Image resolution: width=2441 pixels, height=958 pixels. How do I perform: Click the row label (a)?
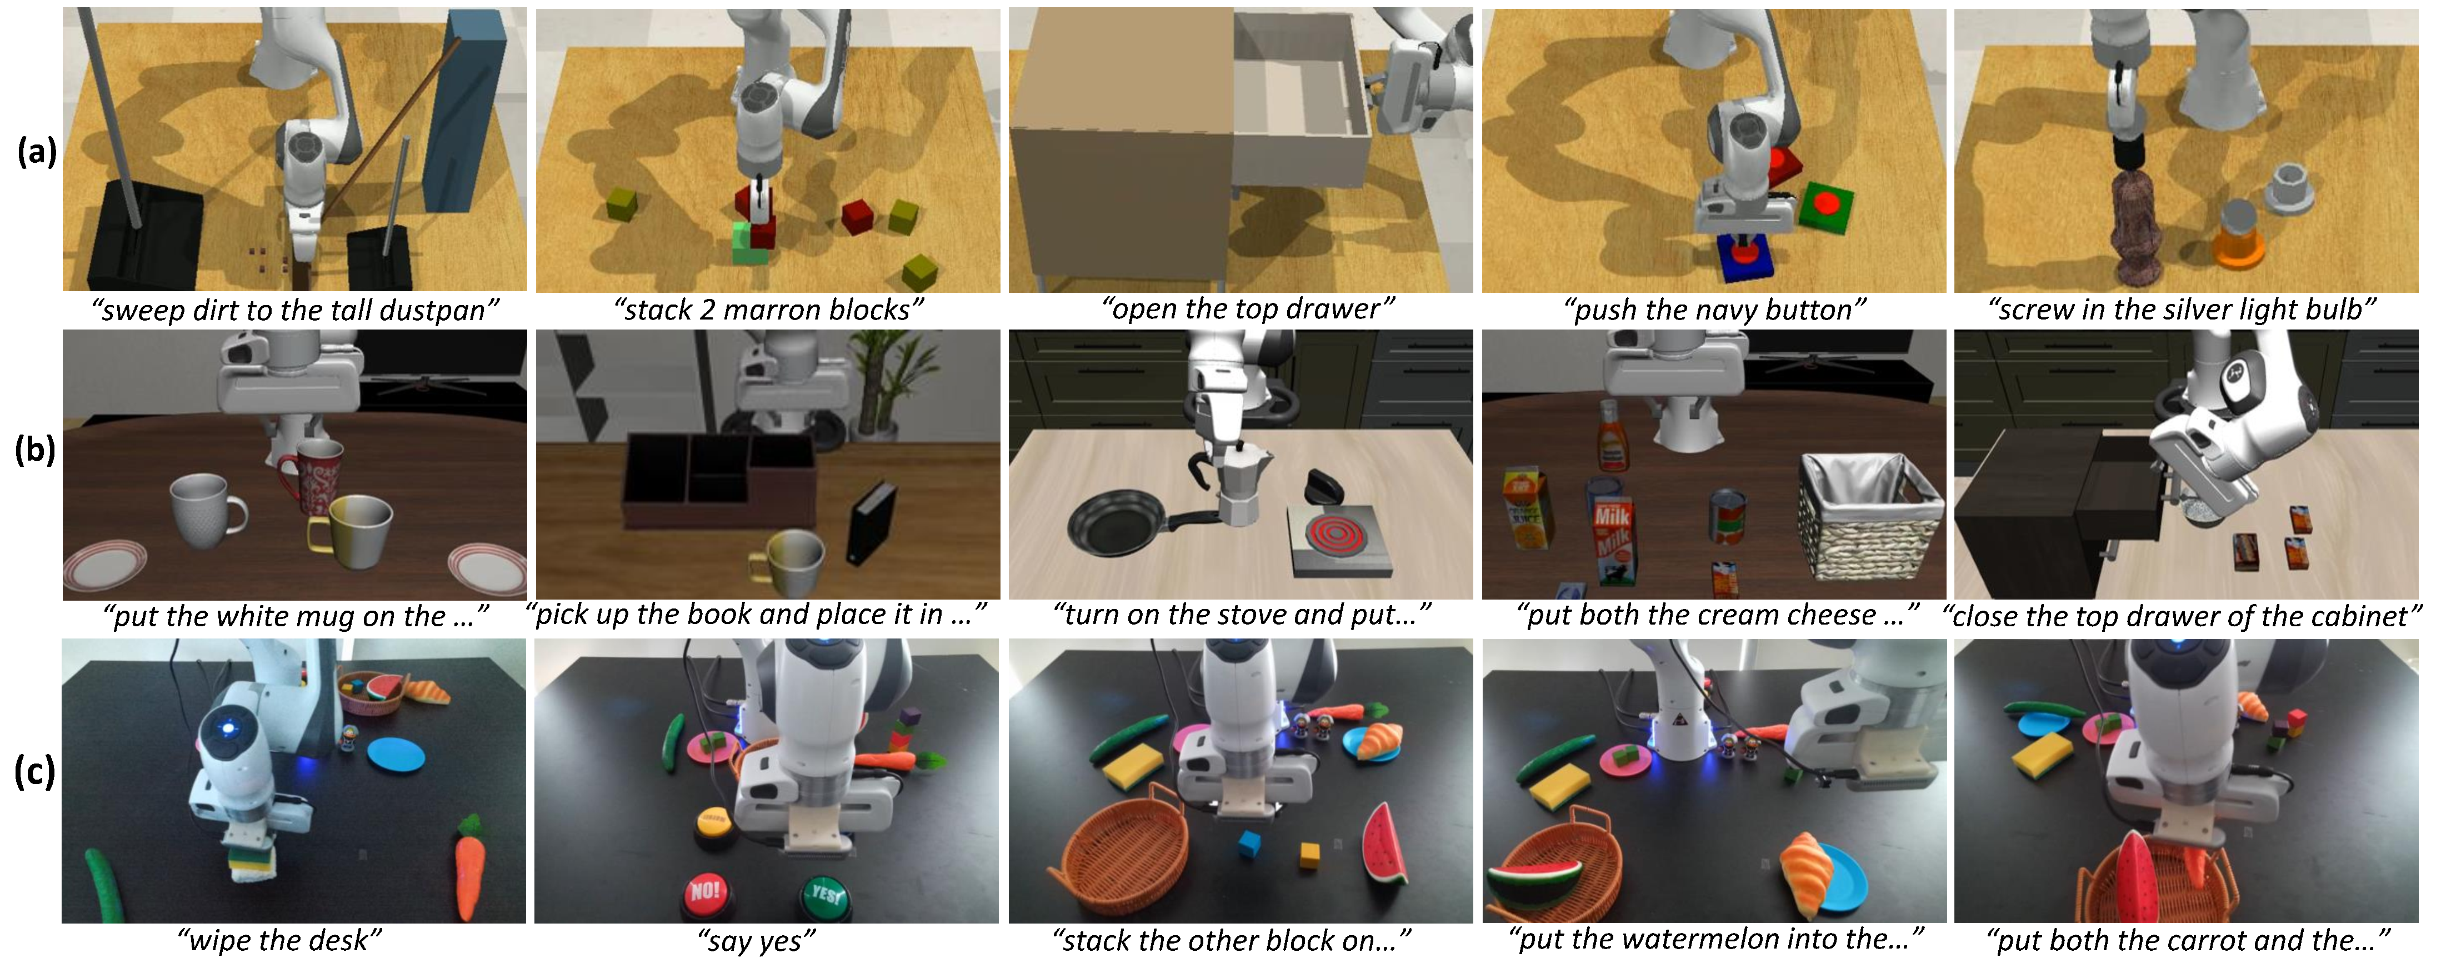tap(36, 152)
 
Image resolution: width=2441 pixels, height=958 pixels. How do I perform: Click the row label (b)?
tap(35, 448)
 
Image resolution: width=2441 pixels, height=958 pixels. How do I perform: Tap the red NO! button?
tap(707, 892)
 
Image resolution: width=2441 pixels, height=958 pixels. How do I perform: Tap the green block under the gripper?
tap(751, 243)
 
